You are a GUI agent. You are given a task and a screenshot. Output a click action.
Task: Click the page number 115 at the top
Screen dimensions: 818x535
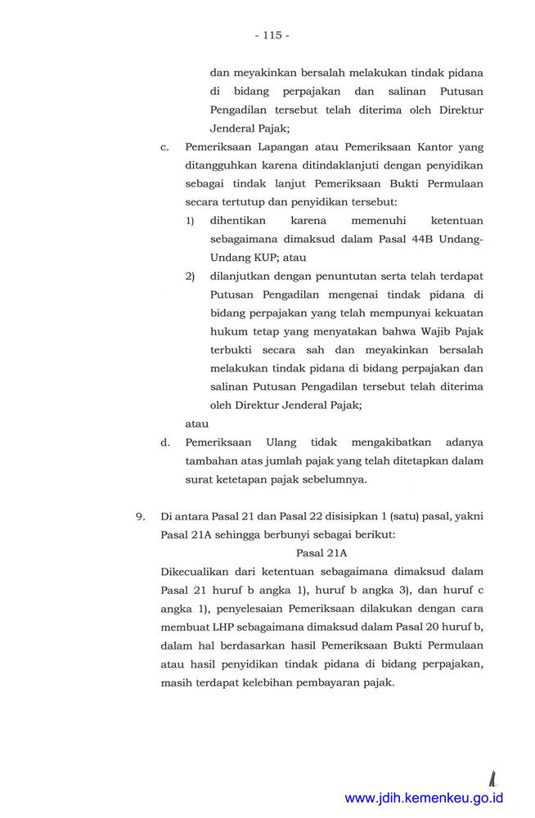pos(272,35)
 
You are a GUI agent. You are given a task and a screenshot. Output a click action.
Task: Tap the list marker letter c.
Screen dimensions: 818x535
pos(164,147)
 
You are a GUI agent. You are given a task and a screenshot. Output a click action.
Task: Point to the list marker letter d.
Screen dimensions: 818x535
pos(165,442)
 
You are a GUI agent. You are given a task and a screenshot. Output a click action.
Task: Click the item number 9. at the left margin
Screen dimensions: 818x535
pos(141,515)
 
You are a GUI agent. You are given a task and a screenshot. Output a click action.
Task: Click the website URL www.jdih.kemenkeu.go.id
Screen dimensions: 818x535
pos(424,798)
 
